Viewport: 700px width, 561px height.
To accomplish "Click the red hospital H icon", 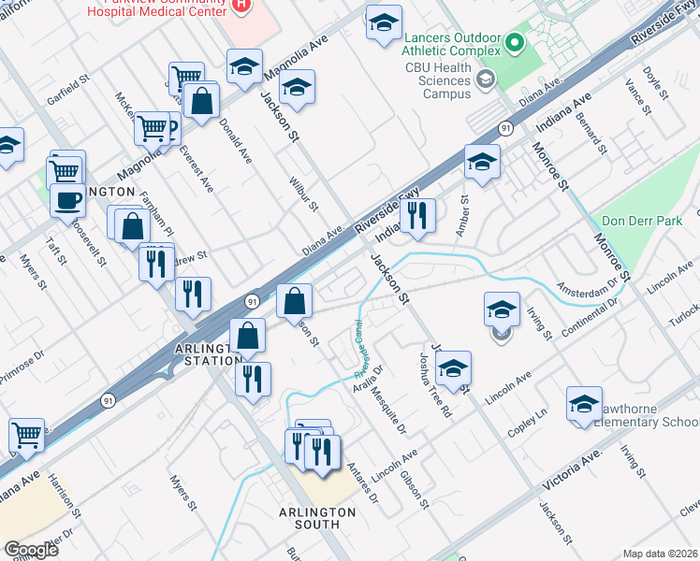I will pos(241,6).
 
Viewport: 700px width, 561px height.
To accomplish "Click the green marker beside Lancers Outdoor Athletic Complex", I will pos(515,42).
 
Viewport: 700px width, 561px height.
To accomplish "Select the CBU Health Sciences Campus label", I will pos(436,80).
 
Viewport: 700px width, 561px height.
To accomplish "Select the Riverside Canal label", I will pos(359,343).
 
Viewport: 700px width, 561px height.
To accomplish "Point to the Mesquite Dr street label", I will pos(392,410).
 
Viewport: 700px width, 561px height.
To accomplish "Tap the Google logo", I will pos(30,549).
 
